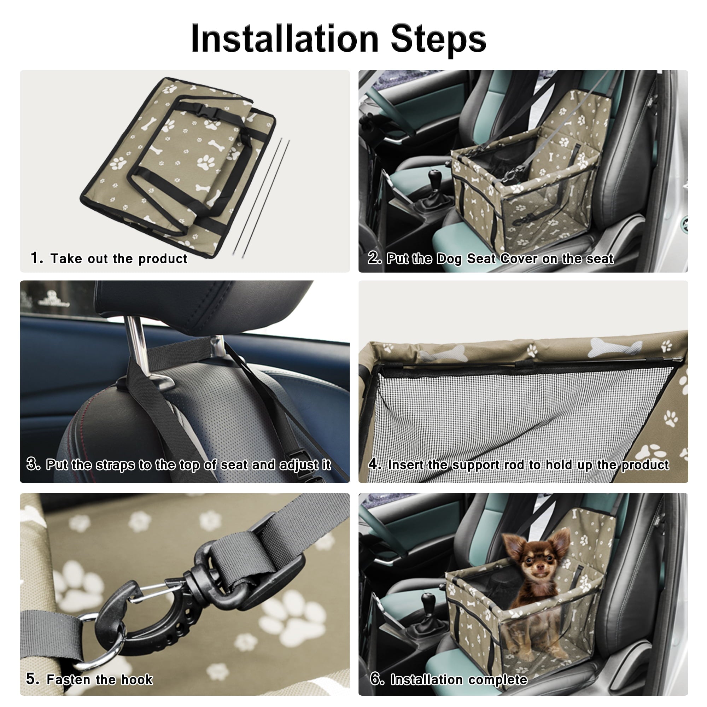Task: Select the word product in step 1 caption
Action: pos(163,259)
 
